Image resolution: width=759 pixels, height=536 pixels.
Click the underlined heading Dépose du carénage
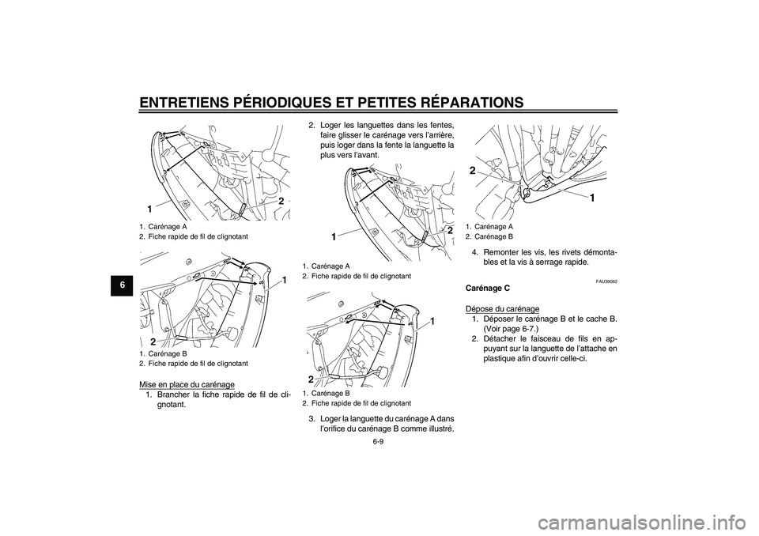(502, 308)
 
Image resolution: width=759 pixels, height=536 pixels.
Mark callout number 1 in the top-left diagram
(149, 208)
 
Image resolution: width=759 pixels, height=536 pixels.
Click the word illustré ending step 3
(438, 428)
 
